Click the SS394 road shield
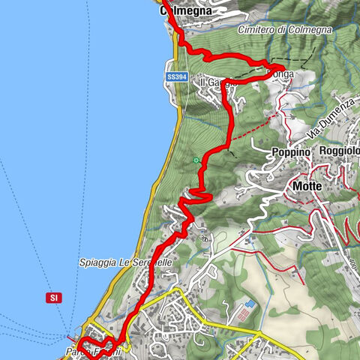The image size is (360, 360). (176, 76)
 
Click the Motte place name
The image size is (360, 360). (308, 185)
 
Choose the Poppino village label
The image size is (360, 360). (291, 151)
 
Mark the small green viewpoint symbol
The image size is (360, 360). (196, 160)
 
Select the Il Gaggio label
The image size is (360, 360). (215, 82)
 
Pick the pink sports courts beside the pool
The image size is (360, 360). (243, 317)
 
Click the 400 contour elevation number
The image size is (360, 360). (202, 238)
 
